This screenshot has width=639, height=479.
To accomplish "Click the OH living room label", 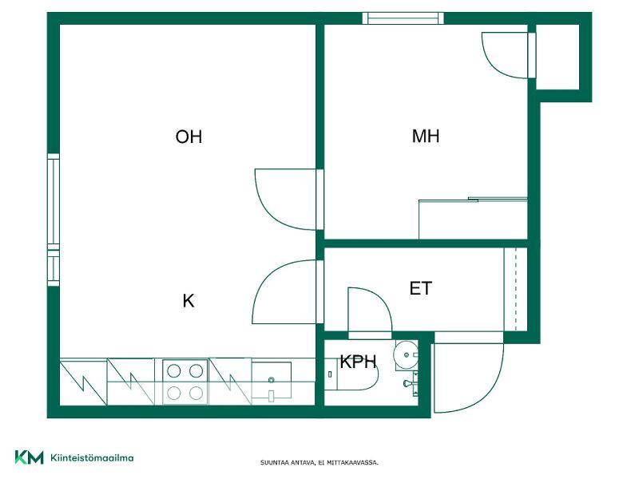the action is coord(189,137).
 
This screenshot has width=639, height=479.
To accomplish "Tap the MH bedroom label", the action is coord(426,136).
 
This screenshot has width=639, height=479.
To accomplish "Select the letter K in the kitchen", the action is coord(189,301).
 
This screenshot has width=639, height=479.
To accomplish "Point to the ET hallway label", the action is coord(421,288).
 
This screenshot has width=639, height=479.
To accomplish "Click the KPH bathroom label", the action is coord(358,362).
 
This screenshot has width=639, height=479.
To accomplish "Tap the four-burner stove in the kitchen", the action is coord(185,382).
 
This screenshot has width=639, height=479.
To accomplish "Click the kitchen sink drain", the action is coord(272,380).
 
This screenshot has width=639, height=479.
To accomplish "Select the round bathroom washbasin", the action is coord(406,355).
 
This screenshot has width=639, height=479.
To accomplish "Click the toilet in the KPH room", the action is coord(352,374).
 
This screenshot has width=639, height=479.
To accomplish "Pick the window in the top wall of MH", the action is coord(403,18).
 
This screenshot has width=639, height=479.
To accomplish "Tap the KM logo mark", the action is coord(30,457).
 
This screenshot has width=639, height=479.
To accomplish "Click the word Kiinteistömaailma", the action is coord(92,457).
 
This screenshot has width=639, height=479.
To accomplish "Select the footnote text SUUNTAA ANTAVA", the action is coord(288,463).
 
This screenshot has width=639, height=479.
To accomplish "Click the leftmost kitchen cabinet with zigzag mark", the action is coord(84,382).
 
